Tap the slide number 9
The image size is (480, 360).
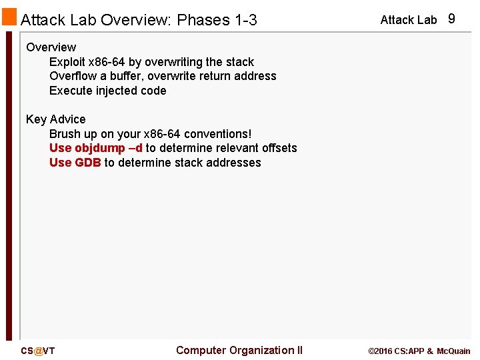(451, 19)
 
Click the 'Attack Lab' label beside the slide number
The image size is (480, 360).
(408, 20)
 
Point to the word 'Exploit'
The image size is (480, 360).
(67, 62)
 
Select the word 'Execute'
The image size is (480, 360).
(70, 91)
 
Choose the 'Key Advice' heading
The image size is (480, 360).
(56, 119)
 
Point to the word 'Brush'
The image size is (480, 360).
(65, 134)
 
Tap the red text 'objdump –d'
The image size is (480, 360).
(109, 148)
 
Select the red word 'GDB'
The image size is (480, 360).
(88, 163)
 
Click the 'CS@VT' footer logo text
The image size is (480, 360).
(38, 351)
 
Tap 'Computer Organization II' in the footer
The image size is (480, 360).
(239, 351)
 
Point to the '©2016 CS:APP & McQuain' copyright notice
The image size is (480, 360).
(419, 351)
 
